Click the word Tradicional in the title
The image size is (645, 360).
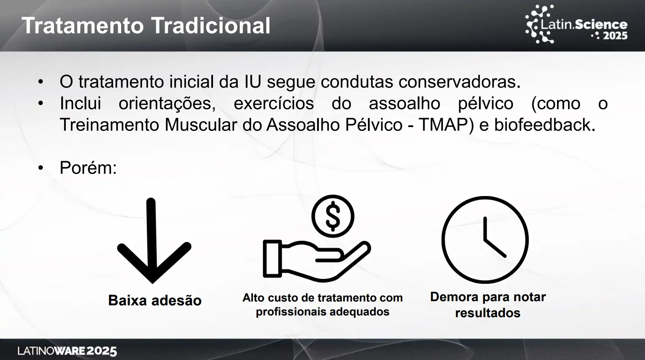[x=211, y=25]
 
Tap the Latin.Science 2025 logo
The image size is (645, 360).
[x=576, y=24]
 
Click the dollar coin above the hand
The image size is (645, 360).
[x=333, y=216]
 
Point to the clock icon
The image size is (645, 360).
[x=485, y=240]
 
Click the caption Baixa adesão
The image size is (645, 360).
[x=155, y=300]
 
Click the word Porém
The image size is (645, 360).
[x=88, y=168]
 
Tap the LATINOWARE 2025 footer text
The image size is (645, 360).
[x=67, y=351]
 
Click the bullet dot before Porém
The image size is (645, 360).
[x=41, y=168]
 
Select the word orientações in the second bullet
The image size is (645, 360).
[x=167, y=104]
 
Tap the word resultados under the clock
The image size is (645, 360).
[x=488, y=313]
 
